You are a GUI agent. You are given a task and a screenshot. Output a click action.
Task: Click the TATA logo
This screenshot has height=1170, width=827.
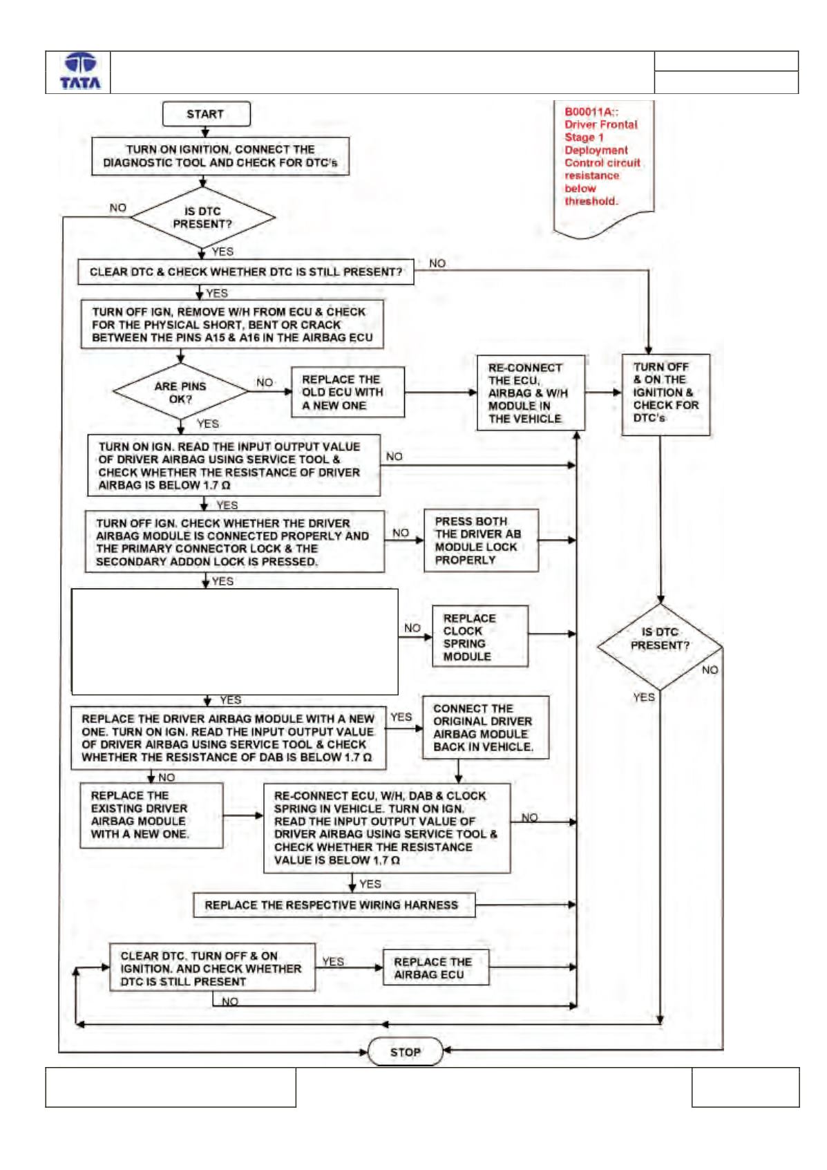(x=80, y=71)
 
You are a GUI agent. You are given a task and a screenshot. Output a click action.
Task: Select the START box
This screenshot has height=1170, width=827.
(x=206, y=114)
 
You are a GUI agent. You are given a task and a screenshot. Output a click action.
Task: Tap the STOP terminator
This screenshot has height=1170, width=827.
(x=405, y=1051)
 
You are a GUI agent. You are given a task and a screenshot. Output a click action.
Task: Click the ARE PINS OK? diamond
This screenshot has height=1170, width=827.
(x=180, y=392)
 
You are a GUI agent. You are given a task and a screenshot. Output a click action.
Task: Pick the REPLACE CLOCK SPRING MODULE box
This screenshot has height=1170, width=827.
(x=479, y=636)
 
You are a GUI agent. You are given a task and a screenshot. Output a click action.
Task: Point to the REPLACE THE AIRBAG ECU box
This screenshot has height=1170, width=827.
(x=436, y=968)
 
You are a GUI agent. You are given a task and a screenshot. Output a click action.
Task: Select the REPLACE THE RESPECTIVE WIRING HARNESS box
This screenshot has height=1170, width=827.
(x=334, y=905)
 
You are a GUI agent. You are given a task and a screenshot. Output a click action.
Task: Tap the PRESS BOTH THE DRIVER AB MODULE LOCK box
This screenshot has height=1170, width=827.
(x=481, y=540)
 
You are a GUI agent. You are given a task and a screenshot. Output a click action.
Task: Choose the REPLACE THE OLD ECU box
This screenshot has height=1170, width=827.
(x=348, y=393)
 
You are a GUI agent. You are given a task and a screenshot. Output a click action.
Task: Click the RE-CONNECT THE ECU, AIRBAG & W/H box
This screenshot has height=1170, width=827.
(x=531, y=393)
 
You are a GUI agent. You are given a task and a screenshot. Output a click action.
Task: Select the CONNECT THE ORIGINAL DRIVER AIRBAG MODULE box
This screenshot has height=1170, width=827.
(x=486, y=727)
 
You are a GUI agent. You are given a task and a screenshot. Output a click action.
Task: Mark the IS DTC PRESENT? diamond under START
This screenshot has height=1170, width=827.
(x=203, y=217)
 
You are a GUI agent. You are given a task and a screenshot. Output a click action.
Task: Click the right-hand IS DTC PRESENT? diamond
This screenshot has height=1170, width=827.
(x=660, y=647)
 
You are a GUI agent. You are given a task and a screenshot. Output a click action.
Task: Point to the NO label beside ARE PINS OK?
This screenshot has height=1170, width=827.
(x=265, y=382)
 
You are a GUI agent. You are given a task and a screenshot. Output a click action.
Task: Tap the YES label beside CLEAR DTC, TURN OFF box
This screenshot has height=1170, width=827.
(x=333, y=961)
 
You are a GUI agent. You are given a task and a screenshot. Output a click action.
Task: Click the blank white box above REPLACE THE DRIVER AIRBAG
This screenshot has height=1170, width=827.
(x=234, y=641)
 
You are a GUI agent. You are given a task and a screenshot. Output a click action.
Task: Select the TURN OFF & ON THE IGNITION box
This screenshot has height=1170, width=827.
(x=665, y=395)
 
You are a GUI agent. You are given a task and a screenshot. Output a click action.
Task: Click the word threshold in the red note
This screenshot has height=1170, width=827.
(x=591, y=201)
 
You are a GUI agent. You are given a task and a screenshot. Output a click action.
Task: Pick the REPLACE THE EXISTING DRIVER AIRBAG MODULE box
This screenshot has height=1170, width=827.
(x=151, y=815)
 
